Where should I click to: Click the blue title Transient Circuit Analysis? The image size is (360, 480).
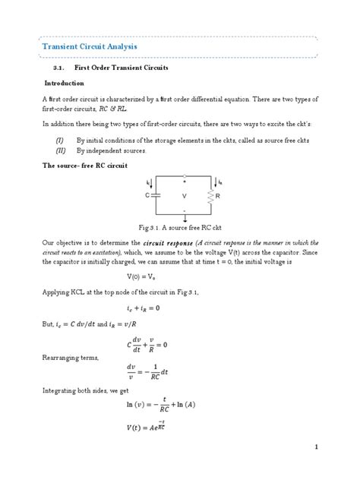89,47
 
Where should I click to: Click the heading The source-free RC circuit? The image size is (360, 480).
85,165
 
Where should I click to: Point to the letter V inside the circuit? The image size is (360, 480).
184,195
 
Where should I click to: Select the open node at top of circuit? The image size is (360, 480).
183,177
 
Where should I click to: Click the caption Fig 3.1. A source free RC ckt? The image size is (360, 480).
180,227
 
